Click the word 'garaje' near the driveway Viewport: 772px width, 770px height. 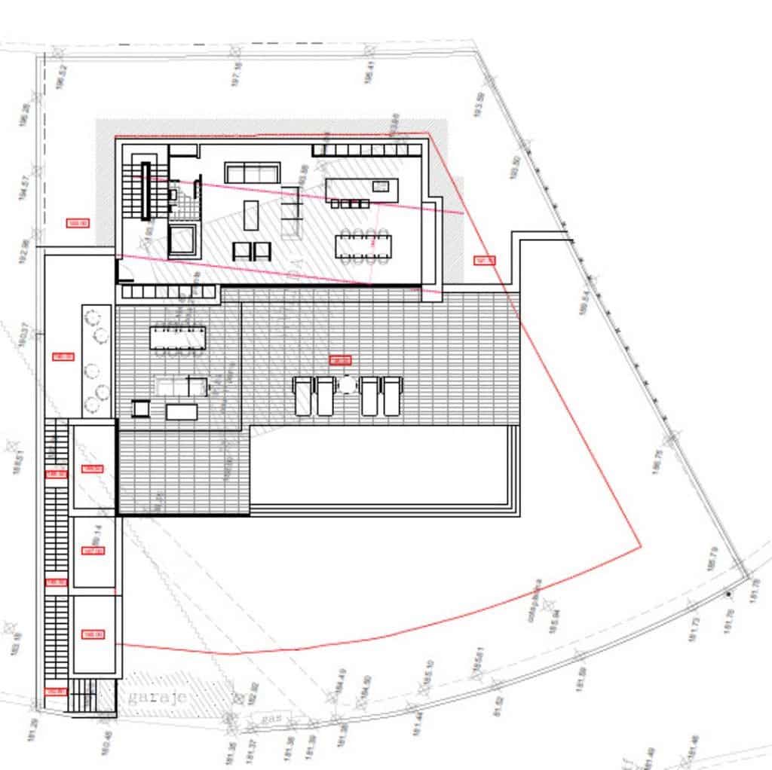click(x=158, y=698)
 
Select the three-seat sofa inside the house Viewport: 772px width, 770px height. click(x=253, y=173)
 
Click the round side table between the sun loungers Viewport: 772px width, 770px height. click(x=347, y=385)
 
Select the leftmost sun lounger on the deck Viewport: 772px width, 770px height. click(x=302, y=396)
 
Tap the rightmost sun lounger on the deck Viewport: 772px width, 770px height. click(x=391, y=396)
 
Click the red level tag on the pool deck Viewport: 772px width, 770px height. click(x=341, y=360)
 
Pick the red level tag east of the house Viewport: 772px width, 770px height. click(x=484, y=261)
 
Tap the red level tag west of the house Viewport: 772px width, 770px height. click(x=78, y=223)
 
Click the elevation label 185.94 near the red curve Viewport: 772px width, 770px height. click(x=553, y=619)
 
